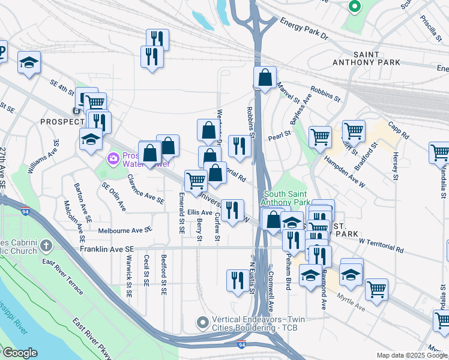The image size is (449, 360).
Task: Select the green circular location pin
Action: click(x=354, y=7)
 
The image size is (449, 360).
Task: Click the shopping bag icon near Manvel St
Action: click(x=265, y=78)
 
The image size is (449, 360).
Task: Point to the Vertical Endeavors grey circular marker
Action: click(x=205, y=322)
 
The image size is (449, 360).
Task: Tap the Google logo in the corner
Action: click(x=19, y=353)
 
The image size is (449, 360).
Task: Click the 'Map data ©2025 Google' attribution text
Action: click(x=412, y=355)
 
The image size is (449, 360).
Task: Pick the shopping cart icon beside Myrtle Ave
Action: click(x=376, y=289)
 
